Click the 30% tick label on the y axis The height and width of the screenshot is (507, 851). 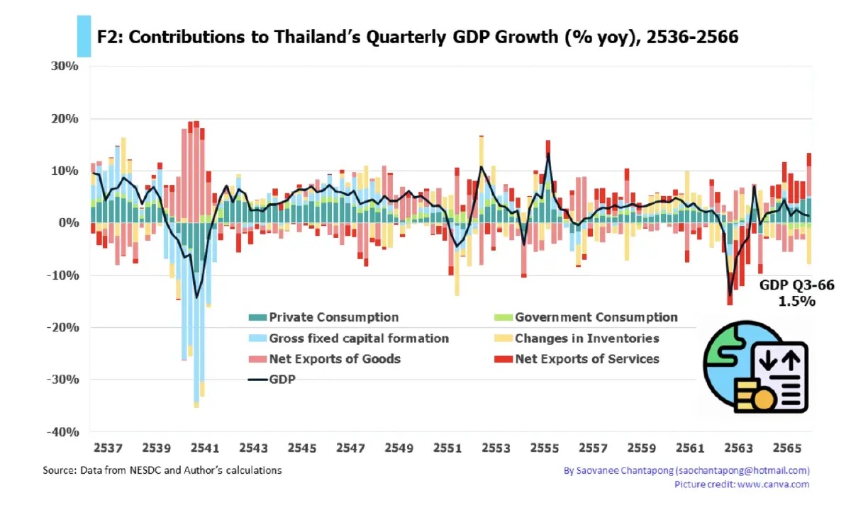65,67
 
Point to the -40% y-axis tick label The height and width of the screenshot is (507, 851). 62,432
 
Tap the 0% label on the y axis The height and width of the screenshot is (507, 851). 68,223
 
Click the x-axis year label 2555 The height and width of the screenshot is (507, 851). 545,449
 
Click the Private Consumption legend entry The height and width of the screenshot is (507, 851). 333,317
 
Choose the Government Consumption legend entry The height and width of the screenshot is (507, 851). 596,317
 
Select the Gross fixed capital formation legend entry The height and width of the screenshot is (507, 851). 358,338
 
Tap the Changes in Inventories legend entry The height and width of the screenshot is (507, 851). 586,338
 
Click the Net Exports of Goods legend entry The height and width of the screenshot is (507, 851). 334,359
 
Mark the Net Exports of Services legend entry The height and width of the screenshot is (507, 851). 586,359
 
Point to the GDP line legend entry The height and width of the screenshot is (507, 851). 282,380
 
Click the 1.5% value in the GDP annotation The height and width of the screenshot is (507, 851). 797,301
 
